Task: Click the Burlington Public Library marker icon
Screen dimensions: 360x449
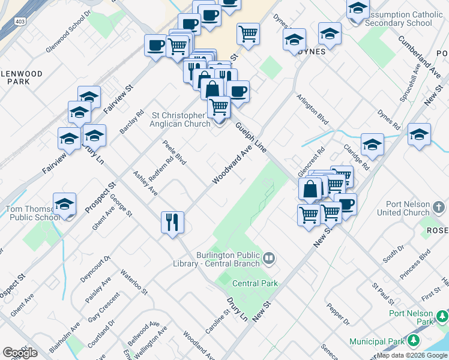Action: tap(270, 259)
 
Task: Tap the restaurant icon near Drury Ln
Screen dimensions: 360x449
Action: tap(172, 223)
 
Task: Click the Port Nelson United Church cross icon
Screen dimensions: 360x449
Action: tap(439, 208)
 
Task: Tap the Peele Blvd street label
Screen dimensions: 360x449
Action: tap(174, 153)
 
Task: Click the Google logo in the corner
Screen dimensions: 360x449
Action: tap(20, 352)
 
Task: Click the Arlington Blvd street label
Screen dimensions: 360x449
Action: tap(312, 110)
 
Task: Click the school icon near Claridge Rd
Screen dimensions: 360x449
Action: tap(372, 145)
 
